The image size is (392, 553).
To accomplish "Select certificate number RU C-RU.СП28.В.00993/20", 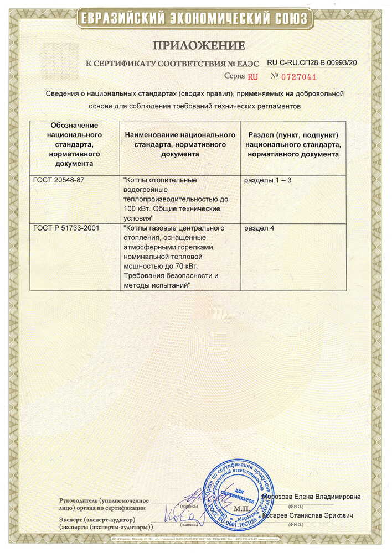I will point(312,63).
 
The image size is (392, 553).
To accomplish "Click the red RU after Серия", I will point(253,77).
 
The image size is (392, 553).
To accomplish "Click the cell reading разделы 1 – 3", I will point(268,180).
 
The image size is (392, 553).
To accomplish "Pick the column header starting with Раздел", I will point(293,145).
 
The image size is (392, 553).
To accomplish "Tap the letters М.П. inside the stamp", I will point(241,507).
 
